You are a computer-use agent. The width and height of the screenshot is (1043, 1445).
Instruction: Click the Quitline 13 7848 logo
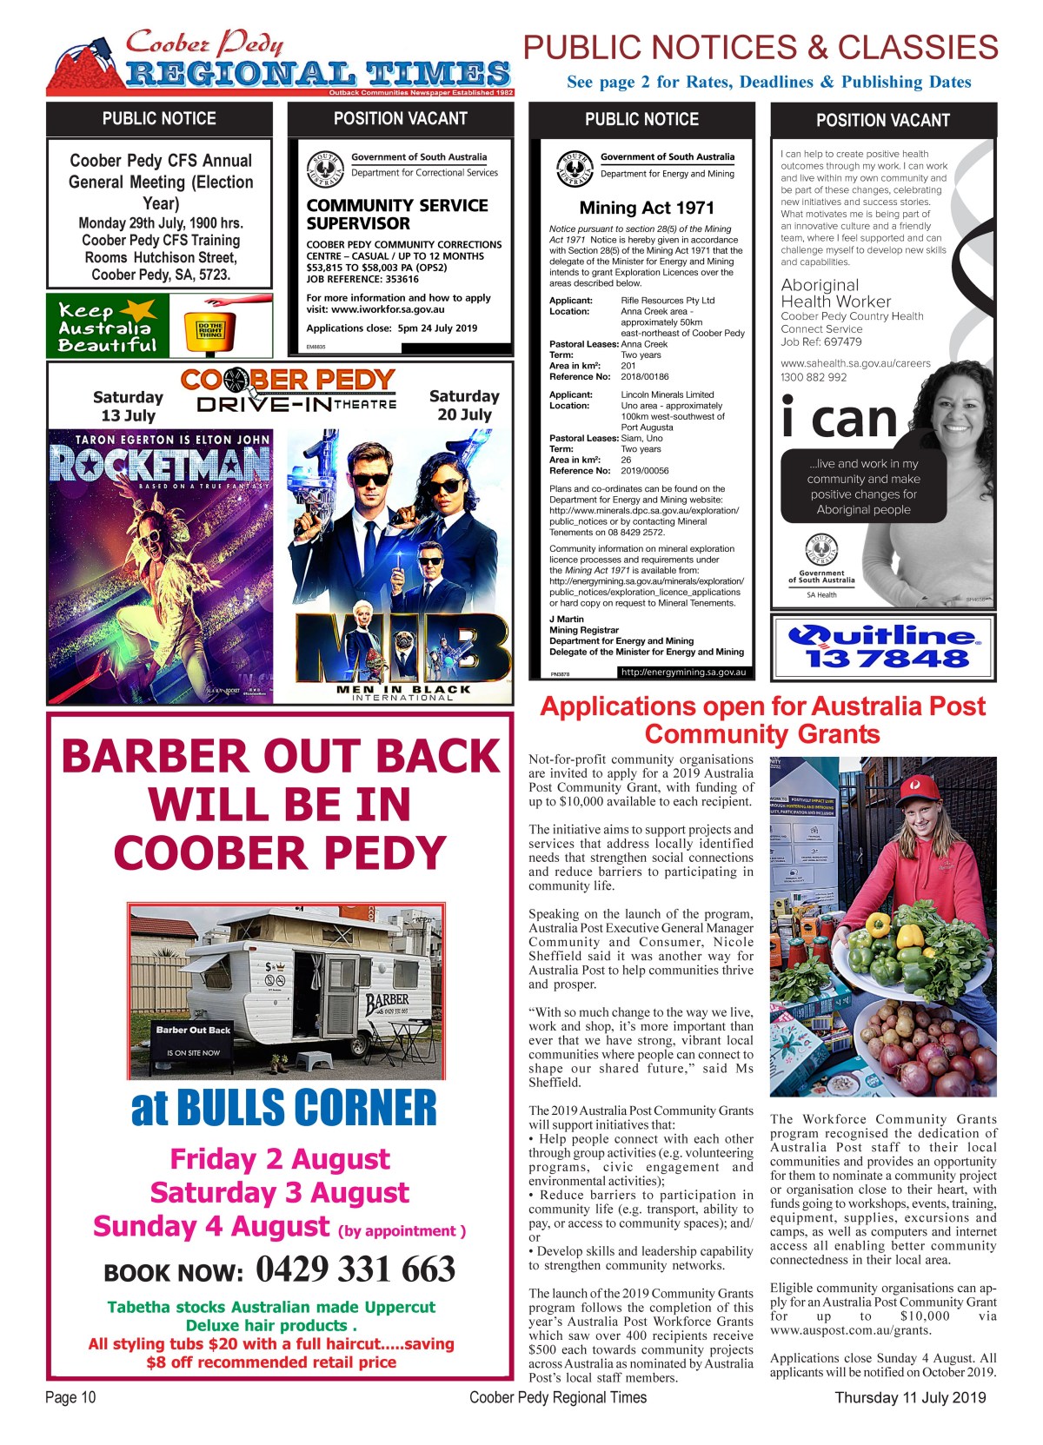tap(883, 647)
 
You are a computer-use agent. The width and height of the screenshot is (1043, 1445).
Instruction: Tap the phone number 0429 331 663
tap(355, 1269)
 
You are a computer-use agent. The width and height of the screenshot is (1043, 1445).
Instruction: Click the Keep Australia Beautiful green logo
tap(108, 327)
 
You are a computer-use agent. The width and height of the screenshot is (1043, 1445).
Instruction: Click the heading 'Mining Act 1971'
tap(647, 208)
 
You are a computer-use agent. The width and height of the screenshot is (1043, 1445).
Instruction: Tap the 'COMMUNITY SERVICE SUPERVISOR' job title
tap(397, 214)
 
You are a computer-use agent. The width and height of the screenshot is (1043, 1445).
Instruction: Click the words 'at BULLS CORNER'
tap(283, 1108)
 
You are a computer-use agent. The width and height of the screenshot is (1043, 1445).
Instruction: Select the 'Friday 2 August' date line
tap(280, 1159)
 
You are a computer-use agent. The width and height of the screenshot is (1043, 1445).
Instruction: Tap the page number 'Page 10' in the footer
tap(70, 1397)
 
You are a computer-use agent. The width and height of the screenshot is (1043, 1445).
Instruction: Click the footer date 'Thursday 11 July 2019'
tap(910, 1397)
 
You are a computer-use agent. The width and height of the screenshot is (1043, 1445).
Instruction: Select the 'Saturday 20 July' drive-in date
tap(464, 405)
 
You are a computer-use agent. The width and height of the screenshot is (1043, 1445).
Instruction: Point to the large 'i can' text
tap(839, 419)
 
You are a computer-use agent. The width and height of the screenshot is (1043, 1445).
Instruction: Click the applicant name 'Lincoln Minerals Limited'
tap(667, 394)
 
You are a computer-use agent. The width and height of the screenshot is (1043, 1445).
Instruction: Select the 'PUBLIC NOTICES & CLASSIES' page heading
tap(761, 48)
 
